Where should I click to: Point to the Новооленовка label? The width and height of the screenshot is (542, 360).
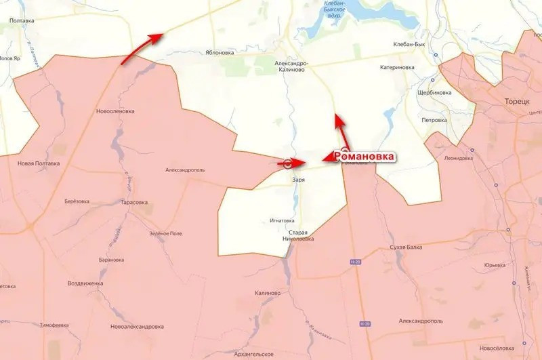click(x=115, y=111)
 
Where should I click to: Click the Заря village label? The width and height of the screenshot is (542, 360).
click(x=298, y=180)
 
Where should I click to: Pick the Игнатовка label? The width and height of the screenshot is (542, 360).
click(x=282, y=220)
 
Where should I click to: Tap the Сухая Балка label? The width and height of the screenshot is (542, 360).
click(x=407, y=247)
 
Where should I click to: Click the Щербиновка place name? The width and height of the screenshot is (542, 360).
click(x=435, y=92)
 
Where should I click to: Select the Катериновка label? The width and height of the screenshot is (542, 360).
click(x=397, y=67)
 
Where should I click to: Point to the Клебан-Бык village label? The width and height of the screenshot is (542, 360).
click(x=409, y=44)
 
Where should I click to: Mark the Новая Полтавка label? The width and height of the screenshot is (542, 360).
click(x=39, y=163)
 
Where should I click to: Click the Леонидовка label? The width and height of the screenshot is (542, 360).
click(x=459, y=158)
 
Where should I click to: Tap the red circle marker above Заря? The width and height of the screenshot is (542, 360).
click(x=287, y=163)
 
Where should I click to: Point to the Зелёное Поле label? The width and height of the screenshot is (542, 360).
click(x=166, y=233)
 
